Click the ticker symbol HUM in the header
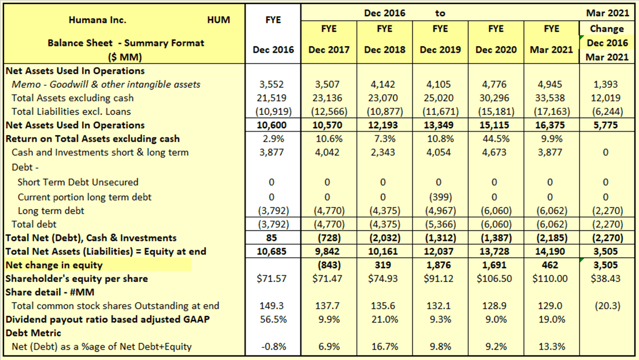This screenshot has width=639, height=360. coord(218,20)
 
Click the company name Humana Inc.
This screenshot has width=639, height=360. coord(97,20)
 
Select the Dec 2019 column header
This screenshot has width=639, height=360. coord(440,50)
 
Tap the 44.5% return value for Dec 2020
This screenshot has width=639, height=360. coord(496,139)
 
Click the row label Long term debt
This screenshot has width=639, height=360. coord(51,210)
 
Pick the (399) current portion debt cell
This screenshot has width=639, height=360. coord(440,197)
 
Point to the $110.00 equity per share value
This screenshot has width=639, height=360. coord(551,279)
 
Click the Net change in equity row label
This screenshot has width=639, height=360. coord(54,265)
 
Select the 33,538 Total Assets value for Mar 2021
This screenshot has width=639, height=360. coord(551,98)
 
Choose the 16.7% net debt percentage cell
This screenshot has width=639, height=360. coord(384,347)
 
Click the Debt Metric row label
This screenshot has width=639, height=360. coord(34,333)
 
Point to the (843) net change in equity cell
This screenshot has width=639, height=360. coord(329,265)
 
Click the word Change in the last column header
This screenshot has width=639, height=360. coord(607,28)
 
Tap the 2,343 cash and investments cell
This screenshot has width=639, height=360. coord(384,153)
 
